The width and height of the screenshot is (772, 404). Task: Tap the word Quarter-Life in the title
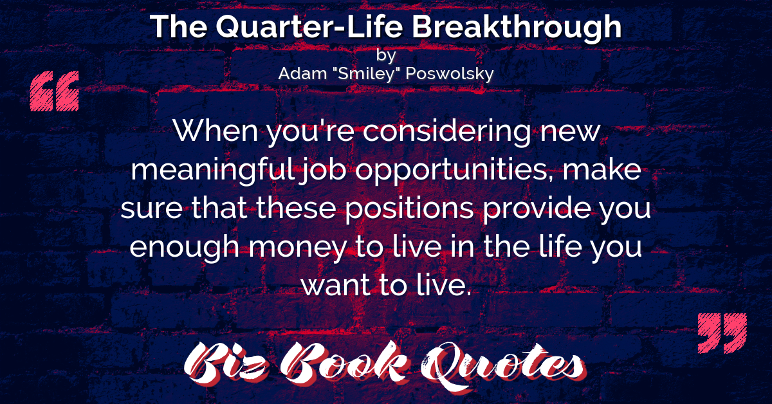[x=309, y=27]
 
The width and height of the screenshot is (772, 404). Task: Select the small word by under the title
[x=386, y=55]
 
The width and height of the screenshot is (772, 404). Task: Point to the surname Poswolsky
[x=450, y=74]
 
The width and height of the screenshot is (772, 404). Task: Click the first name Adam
[x=302, y=73]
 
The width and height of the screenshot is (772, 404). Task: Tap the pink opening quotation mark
[x=55, y=91]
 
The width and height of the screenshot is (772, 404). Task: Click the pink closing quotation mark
[x=722, y=333]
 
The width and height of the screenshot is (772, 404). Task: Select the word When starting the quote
[x=216, y=131]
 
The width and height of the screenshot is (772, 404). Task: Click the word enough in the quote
[x=185, y=248]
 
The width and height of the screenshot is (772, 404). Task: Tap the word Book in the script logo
[x=345, y=364]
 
